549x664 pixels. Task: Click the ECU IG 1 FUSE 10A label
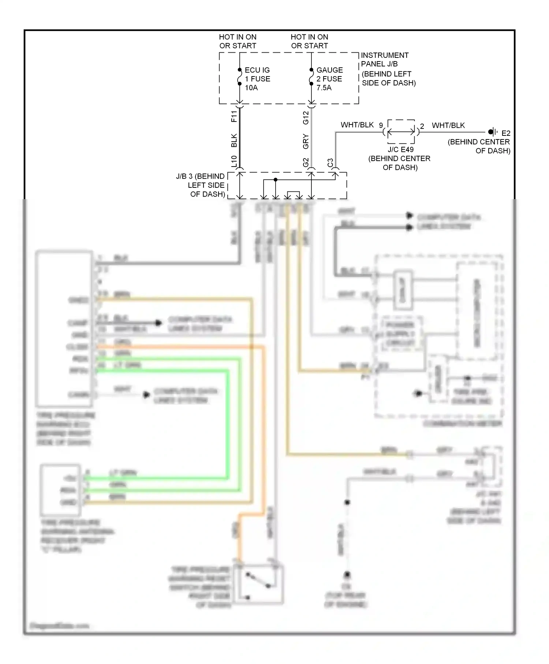coord(257,79)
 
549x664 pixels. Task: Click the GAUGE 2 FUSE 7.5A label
coord(329,79)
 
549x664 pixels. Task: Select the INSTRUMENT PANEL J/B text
coord(384,60)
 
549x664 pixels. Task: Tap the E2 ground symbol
coord(492,132)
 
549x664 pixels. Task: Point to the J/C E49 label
coord(400,150)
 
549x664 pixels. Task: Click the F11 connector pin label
coord(234,116)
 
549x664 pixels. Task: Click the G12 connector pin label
coord(306,117)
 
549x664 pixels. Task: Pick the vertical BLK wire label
coord(234,141)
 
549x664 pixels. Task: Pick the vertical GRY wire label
coord(306,142)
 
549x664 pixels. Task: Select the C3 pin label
coord(330,163)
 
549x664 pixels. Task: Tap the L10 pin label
coord(234,161)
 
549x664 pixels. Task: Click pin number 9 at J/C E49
coord(381,125)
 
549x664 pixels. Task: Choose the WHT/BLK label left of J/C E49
coord(357,125)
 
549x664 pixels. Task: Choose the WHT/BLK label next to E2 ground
coord(448,125)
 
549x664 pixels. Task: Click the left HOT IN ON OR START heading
coord(238,41)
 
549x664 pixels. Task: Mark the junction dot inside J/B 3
coord(276,180)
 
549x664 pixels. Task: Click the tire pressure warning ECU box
coord(64,328)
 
